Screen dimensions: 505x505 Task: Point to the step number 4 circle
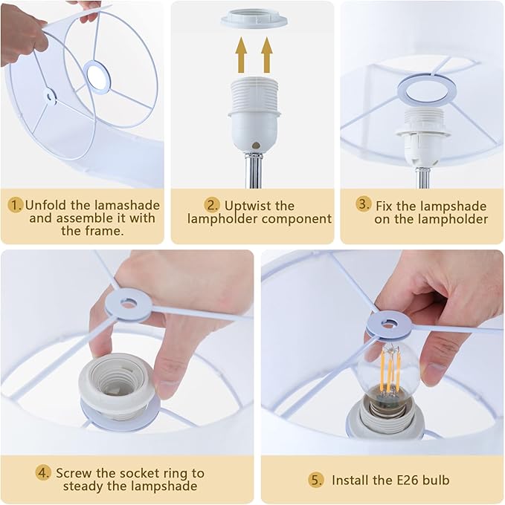coord(44,472)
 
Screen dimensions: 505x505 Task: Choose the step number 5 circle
coord(317,480)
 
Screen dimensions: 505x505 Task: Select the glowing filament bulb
coord(388,370)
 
